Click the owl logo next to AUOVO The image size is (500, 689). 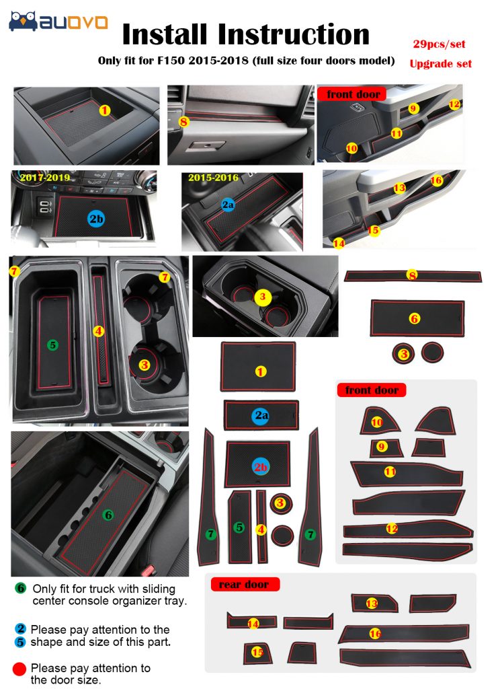tap(23, 21)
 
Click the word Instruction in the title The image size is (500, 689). tap(294, 34)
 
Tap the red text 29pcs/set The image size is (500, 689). tap(439, 44)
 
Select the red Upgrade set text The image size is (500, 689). tap(440, 64)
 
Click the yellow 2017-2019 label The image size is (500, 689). tap(45, 178)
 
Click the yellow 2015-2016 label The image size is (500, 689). tap(213, 178)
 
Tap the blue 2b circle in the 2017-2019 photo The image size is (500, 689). tap(96, 219)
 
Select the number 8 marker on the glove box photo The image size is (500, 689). tap(183, 121)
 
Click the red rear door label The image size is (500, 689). tap(243, 585)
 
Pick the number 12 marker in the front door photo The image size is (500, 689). tap(454, 104)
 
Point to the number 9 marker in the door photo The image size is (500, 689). tap(413, 108)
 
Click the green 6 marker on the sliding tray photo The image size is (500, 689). tap(108, 515)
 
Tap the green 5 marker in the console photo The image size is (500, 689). tap(52, 345)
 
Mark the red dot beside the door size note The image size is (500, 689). tap(19, 669)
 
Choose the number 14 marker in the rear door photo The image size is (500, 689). tap(339, 243)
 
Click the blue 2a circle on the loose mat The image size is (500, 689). tap(261, 415)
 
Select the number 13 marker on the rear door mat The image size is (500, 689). tap(372, 604)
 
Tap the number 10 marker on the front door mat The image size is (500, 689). tap(376, 423)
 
